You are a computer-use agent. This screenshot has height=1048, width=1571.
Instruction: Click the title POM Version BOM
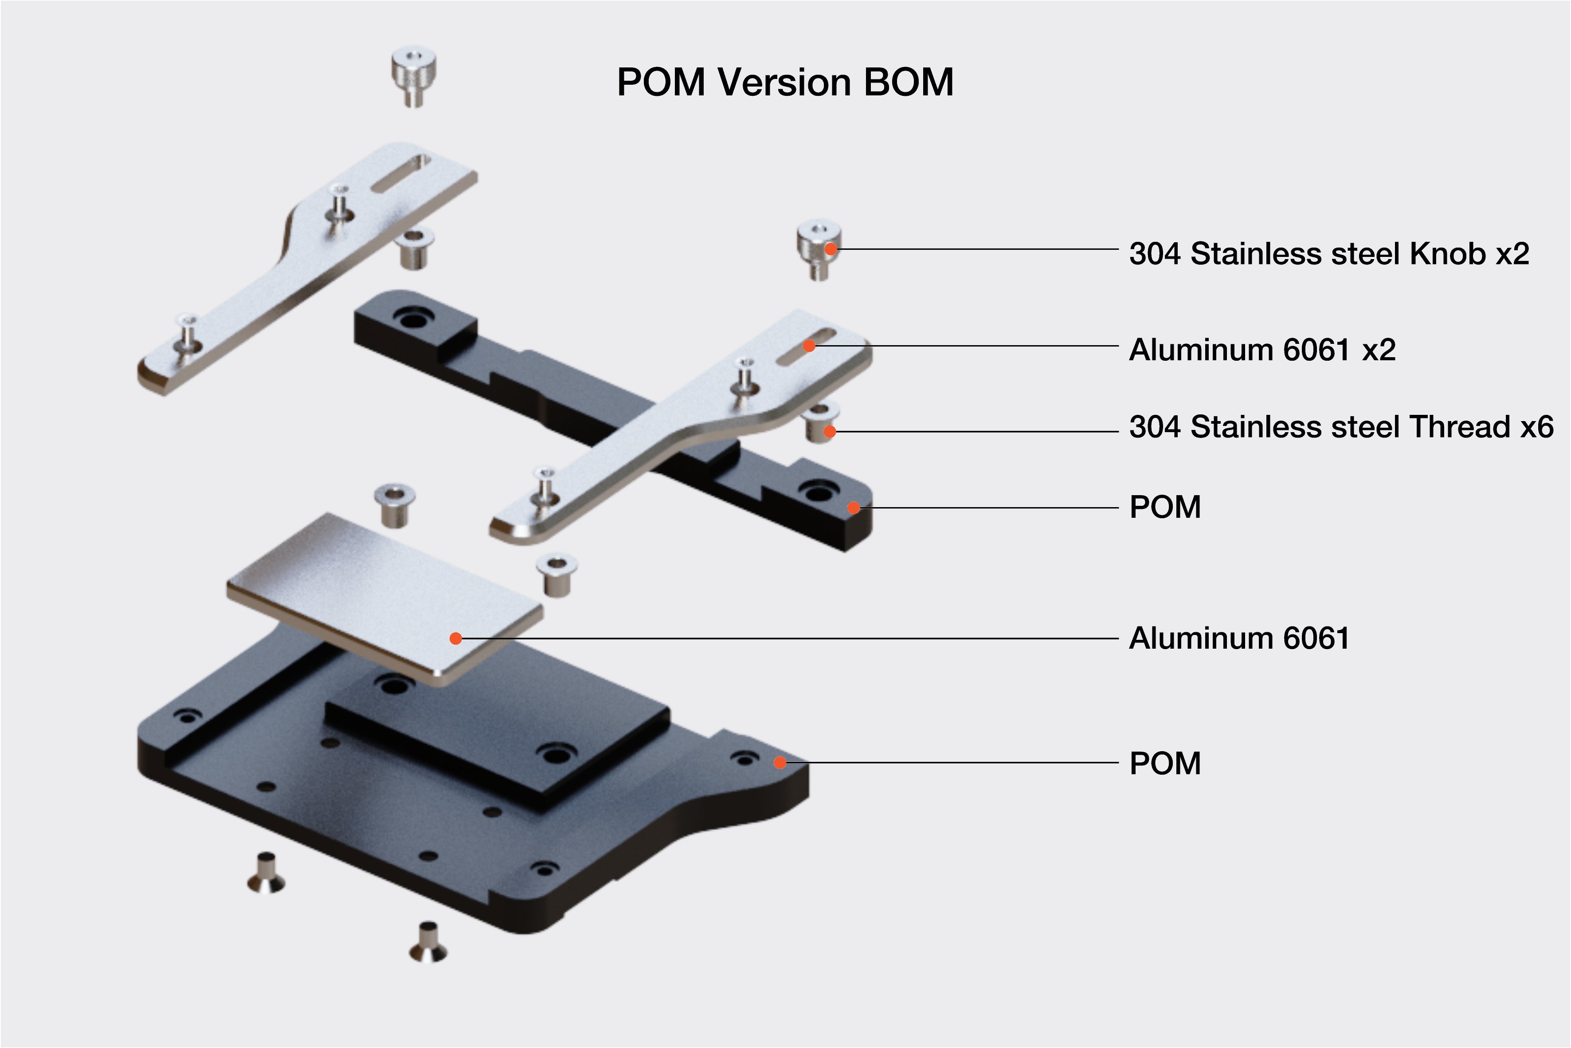click(785, 82)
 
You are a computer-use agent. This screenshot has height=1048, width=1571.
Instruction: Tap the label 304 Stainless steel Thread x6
click(1340, 427)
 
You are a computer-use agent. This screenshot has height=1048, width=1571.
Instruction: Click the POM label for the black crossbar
click(1165, 507)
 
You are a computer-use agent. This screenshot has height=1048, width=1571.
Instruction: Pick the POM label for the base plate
click(1165, 763)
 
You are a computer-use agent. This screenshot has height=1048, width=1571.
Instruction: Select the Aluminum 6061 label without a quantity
click(1239, 638)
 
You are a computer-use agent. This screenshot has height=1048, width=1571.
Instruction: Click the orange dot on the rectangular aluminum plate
click(455, 638)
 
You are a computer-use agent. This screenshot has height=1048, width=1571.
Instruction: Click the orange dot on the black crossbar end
click(853, 508)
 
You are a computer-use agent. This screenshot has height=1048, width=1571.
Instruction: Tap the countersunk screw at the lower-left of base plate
click(266, 873)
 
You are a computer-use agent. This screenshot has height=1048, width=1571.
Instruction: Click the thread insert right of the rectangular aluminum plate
click(556, 575)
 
